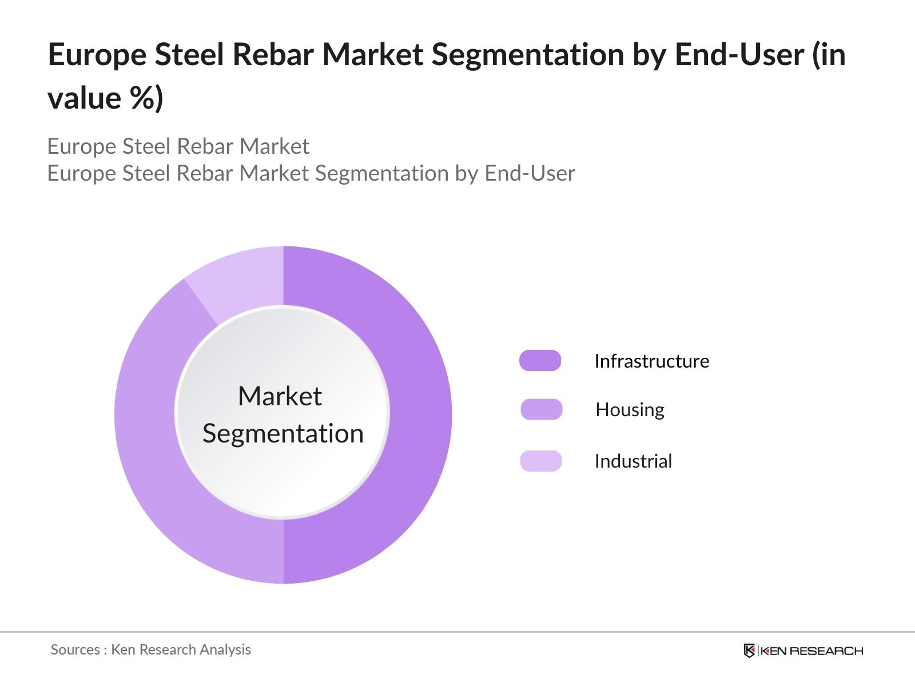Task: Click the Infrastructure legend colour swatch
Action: coord(540,361)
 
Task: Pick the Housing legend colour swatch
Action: coord(541,409)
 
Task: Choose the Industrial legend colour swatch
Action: coord(540,461)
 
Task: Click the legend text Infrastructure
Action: coord(651,361)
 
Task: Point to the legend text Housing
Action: coord(630,409)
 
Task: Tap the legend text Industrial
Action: coord(633,461)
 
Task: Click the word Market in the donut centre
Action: coord(280,396)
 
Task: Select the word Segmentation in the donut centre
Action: coord(283,433)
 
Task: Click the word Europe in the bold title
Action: coord(97,55)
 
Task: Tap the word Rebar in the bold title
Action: coord(273,55)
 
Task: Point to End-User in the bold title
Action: coord(739,55)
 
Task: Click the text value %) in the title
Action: coord(105,98)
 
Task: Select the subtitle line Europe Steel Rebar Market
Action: coord(178,146)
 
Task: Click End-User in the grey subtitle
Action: coord(530,173)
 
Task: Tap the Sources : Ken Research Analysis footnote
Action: coord(150,649)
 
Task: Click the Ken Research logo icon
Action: coord(749,651)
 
